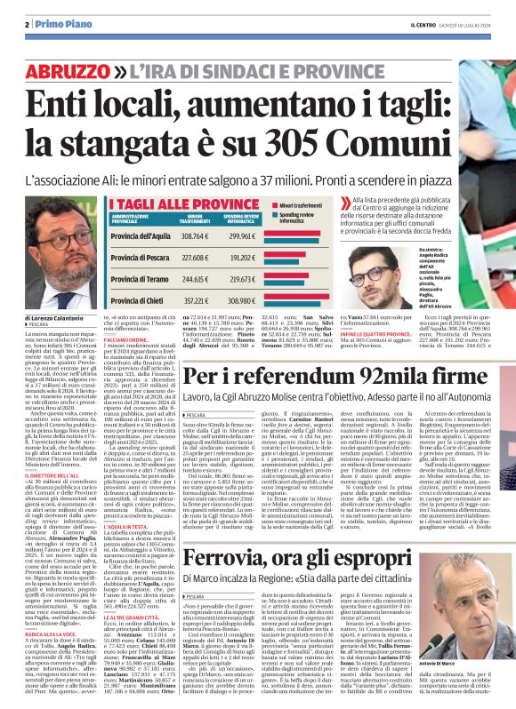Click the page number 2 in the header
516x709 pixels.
click(29, 24)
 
